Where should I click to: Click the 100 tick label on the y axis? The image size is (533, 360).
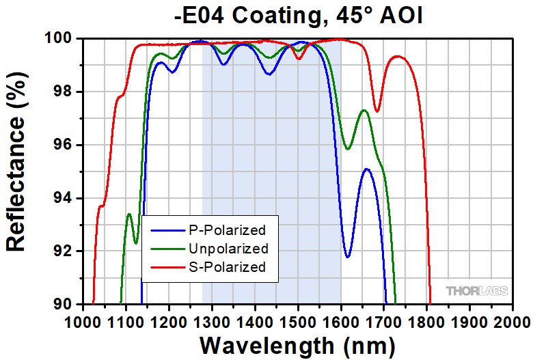(59, 39)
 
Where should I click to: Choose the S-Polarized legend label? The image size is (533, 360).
(225, 266)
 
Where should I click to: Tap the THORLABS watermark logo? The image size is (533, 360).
(478, 291)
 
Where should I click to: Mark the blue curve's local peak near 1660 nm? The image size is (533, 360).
(367, 169)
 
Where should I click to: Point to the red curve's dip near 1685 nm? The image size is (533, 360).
(377, 111)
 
